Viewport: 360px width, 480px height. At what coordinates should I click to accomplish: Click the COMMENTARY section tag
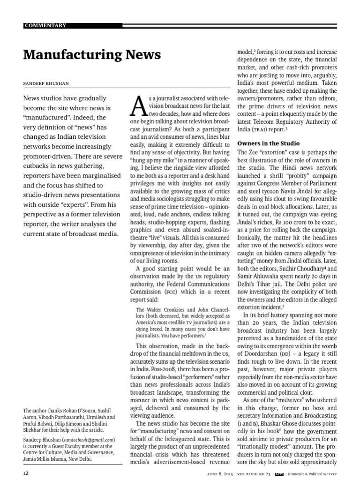[45, 25]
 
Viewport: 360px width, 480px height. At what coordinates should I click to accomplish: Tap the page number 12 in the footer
[26, 473]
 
